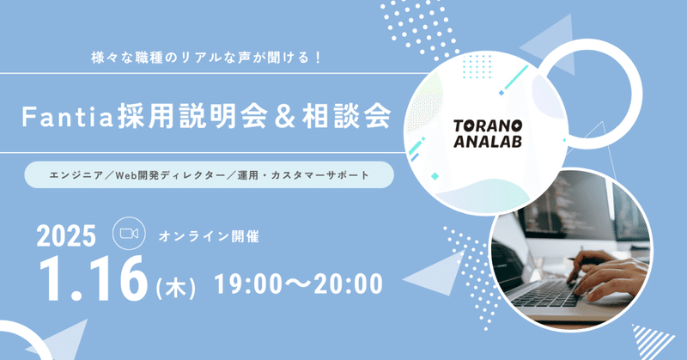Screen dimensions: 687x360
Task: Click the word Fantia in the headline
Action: [x=68, y=117]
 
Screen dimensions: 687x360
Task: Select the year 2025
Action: [x=66, y=236]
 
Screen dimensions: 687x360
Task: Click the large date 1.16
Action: [x=94, y=279]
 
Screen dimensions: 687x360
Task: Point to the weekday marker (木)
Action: [x=175, y=288]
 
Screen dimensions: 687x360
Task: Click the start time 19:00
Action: [x=248, y=284]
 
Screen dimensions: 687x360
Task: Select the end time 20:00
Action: [x=349, y=284]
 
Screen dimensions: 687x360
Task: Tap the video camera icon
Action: [x=129, y=234]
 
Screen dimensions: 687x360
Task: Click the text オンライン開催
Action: [x=209, y=236]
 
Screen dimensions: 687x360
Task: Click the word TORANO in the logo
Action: [x=488, y=126]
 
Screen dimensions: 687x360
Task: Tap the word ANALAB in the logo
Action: [x=488, y=141]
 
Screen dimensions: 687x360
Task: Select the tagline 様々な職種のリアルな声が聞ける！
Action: [x=207, y=58]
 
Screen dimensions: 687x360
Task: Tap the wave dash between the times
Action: [x=298, y=284]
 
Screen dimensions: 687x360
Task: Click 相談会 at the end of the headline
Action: [x=347, y=117]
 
